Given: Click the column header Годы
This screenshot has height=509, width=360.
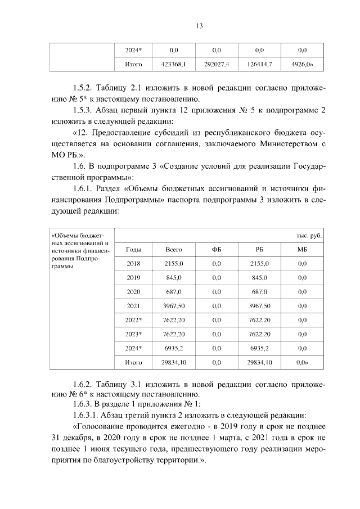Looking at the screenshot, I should coord(133,249).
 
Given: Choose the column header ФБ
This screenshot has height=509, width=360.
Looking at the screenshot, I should coord(217,249).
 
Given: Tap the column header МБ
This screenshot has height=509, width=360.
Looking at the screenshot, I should coord(302,249).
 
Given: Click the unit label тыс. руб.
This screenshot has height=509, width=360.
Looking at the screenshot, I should coord(309,236).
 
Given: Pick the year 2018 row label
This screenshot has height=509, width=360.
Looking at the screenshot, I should coord(133,263).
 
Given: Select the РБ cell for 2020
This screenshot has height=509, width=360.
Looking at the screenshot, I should coord(259,292).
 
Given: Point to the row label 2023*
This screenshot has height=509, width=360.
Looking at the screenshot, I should coord(133,334).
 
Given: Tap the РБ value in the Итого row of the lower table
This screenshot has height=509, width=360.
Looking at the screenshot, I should coord(259,363).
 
